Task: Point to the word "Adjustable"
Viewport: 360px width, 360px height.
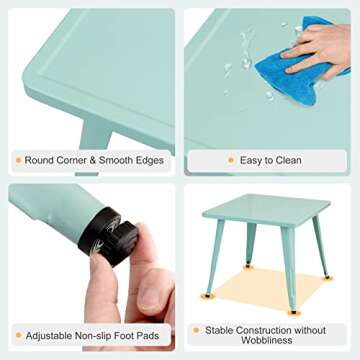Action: tap(51, 336)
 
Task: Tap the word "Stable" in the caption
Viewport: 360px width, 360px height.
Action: tap(221, 329)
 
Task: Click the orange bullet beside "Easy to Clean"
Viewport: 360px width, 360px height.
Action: tap(232, 159)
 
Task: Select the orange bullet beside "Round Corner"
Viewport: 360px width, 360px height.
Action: tap(17, 159)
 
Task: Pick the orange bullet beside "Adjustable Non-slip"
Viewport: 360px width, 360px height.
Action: tap(17, 336)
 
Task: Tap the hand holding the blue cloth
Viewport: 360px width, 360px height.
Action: tap(325, 45)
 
